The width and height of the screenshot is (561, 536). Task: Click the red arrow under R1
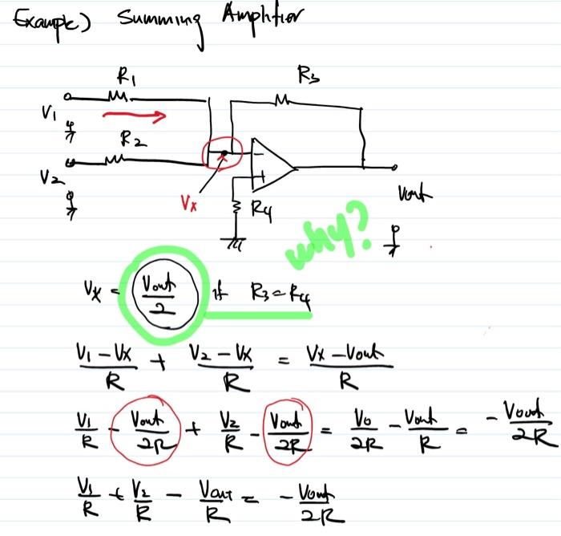[x=135, y=117]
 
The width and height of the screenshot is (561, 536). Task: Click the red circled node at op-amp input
[x=224, y=153]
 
